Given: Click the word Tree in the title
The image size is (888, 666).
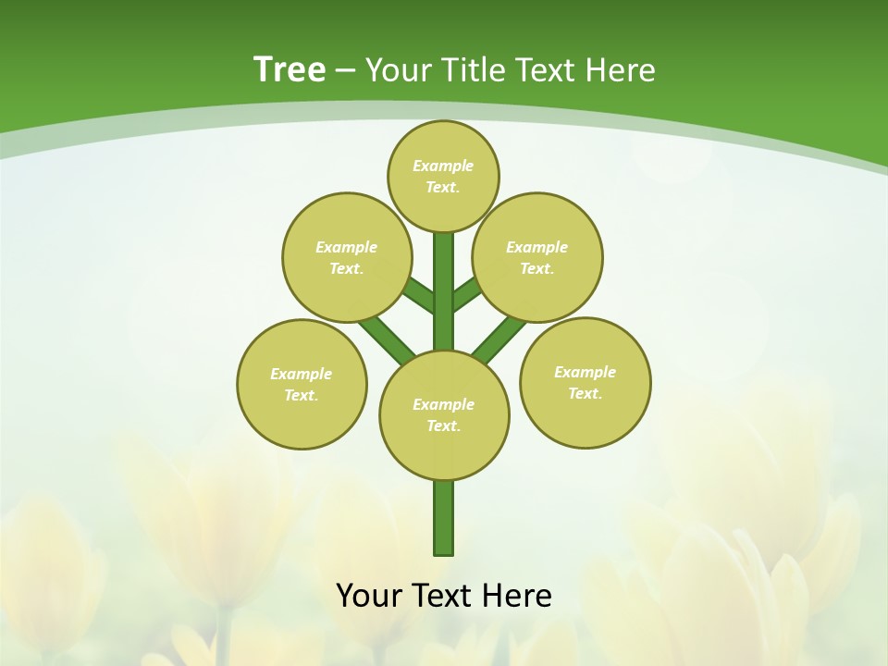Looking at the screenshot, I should pyautogui.click(x=290, y=70).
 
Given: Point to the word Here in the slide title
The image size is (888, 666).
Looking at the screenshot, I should pyautogui.click(x=619, y=70).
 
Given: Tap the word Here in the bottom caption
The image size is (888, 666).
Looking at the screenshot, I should pyautogui.click(x=516, y=596).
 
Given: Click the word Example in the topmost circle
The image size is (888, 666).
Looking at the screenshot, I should pyautogui.click(x=443, y=166).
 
